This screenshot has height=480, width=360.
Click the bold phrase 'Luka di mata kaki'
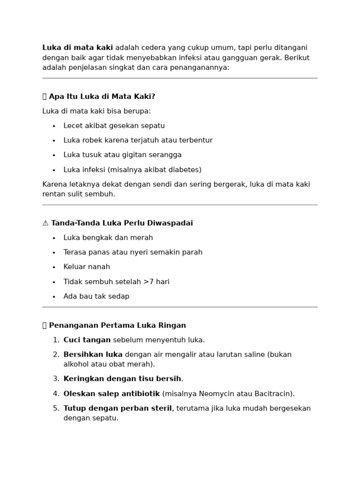pyautogui.click(x=77, y=48)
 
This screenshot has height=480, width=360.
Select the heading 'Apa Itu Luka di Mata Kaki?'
pyautogui.click(x=102, y=97)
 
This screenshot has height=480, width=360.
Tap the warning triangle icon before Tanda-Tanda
pyautogui.click(x=45, y=223)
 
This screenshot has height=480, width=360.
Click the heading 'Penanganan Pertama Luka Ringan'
pyautogui.click(x=117, y=325)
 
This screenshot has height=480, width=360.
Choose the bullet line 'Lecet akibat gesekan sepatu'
pyautogui.click(x=114, y=126)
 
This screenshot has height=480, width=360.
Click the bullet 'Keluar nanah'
pyautogui.click(x=87, y=267)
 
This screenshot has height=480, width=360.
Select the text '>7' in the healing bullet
pyautogui.click(x=148, y=282)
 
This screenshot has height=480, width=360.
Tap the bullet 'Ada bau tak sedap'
pyautogui.click(x=96, y=296)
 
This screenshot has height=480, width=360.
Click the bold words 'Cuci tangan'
pyautogui.click(x=87, y=340)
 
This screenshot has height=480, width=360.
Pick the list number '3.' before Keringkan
pyautogui.click(x=56, y=379)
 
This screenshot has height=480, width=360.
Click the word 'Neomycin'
pyautogui.click(x=214, y=394)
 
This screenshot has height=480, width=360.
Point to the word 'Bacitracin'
pyautogui.click(x=273, y=394)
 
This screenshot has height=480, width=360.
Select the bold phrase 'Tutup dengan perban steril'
pyautogui.click(x=118, y=408)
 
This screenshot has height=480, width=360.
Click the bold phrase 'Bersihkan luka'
pyautogui.click(x=93, y=354)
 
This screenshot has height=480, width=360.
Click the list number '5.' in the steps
pyautogui.click(x=56, y=408)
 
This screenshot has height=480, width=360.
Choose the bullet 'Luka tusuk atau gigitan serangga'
pyautogui.click(x=122, y=155)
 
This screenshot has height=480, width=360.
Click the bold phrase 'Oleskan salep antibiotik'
pyautogui.click(x=112, y=394)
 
